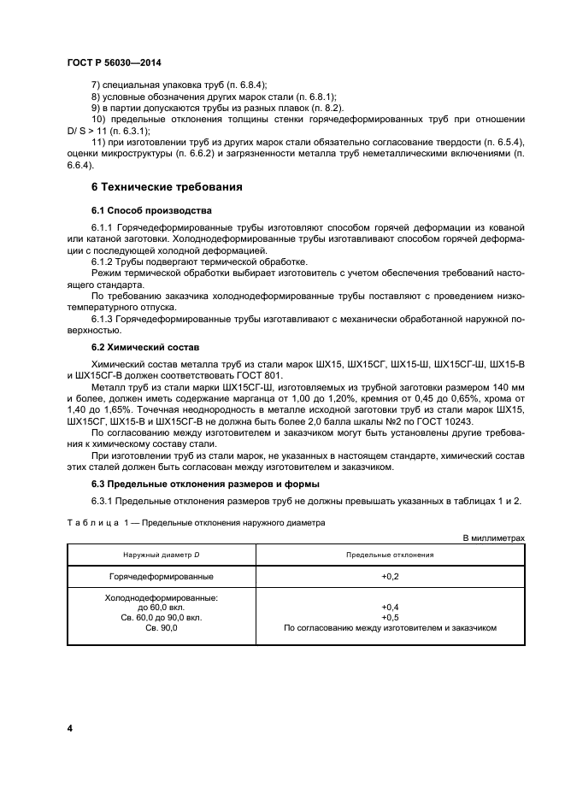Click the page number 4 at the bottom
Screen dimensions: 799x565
[x=69, y=728]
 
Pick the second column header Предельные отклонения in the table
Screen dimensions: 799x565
[x=390, y=555]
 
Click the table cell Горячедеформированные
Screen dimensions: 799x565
[x=161, y=577]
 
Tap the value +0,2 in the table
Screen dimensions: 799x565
[x=390, y=577]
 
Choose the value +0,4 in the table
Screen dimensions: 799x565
[x=390, y=608]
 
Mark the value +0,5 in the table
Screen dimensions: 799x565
[x=390, y=617]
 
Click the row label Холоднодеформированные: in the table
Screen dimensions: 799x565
[x=161, y=598]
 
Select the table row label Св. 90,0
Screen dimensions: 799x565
[x=161, y=627]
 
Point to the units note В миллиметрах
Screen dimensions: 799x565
[x=493, y=538]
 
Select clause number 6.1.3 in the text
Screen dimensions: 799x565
[x=103, y=318]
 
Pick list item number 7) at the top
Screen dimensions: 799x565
[x=95, y=84]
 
